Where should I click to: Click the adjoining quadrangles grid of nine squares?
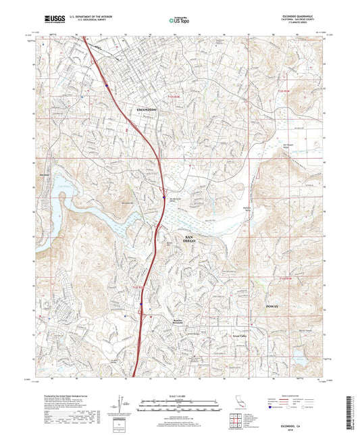[x=237, y=421]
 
